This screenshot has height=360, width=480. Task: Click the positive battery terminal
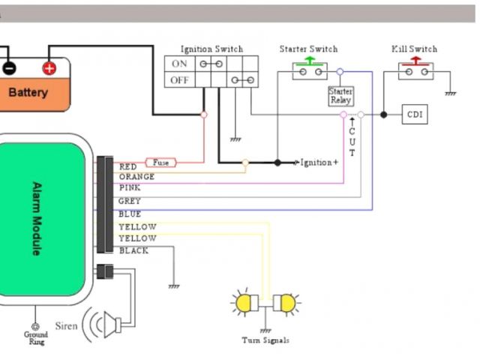click(49, 68)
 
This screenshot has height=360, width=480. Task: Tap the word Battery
click(28, 93)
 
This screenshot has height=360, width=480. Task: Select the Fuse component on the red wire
click(160, 162)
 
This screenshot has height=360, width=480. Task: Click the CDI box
click(415, 115)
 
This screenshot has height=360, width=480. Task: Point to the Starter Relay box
click(340, 96)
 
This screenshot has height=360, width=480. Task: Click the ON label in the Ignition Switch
click(179, 64)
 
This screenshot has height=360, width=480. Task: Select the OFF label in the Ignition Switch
click(180, 79)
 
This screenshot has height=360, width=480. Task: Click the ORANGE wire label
click(136, 177)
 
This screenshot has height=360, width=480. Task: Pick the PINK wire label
click(130, 187)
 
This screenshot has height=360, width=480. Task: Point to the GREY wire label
click(130, 202)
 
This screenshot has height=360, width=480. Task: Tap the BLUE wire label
click(130, 214)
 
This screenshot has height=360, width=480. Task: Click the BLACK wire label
click(133, 250)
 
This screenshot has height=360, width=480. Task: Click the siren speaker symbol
click(113, 325)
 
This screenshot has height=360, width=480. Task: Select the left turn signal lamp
click(244, 302)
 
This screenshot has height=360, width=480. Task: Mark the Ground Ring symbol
click(35, 328)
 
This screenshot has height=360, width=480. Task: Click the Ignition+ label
click(319, 162)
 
